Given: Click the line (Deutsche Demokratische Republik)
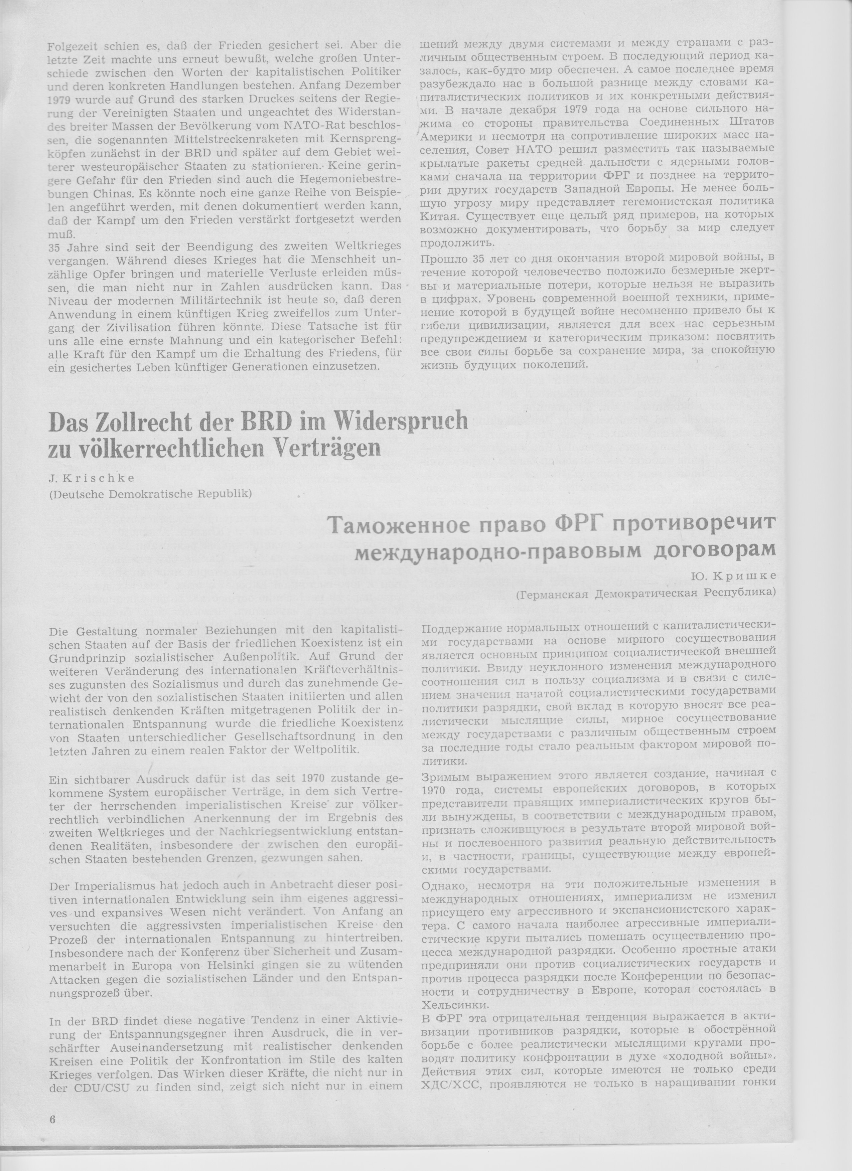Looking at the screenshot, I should (x=150, y=494).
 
